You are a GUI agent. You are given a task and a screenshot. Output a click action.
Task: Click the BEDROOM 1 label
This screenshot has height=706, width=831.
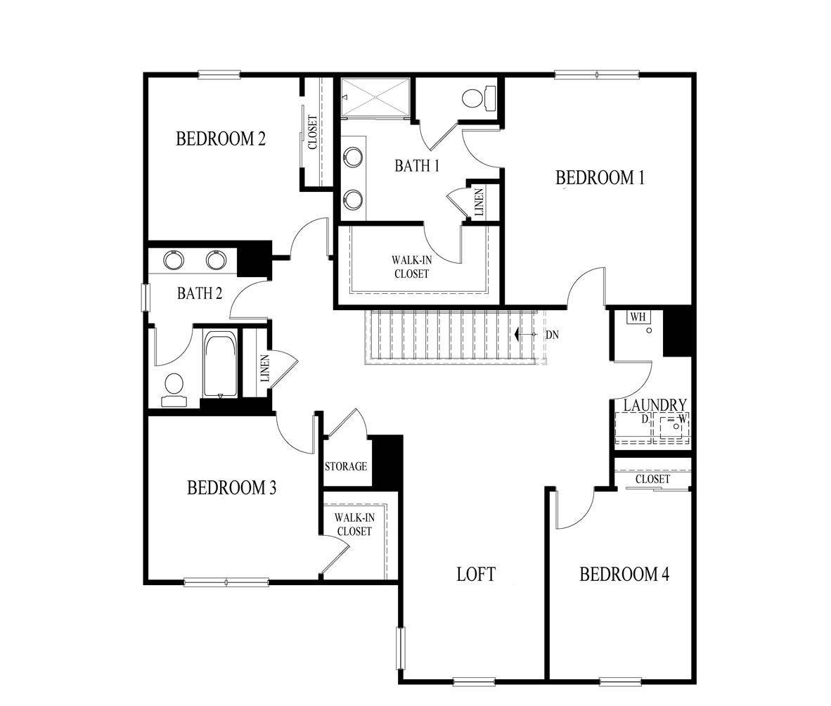(600, 178)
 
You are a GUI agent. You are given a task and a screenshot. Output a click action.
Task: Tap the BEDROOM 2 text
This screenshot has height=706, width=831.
(221, 139)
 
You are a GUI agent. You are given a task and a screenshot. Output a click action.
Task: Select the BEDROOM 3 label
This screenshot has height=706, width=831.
(231, 487)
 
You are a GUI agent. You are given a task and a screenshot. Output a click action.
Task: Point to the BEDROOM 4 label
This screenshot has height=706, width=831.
(624, 575)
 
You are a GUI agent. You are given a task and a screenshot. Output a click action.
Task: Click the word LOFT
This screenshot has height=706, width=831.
(476, 575)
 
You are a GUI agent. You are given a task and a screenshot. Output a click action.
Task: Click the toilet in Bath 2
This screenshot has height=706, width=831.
(174, 389)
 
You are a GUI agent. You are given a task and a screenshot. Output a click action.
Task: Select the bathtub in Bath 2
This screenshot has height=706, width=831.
(220, 366)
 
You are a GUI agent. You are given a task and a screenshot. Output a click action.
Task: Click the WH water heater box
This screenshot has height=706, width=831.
(638, 318)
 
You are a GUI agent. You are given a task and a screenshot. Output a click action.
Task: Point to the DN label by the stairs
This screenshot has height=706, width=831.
(552, 335)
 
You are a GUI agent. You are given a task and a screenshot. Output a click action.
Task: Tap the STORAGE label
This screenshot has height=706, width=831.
(346, 466)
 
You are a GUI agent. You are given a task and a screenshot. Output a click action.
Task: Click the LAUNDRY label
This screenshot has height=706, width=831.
(655, 405)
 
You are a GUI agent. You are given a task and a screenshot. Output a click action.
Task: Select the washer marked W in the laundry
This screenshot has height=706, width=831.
(674, 426)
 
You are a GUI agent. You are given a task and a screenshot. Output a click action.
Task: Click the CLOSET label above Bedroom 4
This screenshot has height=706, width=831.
(652, 480)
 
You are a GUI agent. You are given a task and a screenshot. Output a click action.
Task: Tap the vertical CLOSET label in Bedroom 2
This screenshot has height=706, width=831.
(312, 132)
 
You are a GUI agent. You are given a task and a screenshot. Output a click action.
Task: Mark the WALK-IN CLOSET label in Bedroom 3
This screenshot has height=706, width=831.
(354, 525)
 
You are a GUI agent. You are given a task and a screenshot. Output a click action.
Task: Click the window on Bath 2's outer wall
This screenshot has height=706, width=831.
(146, 297)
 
